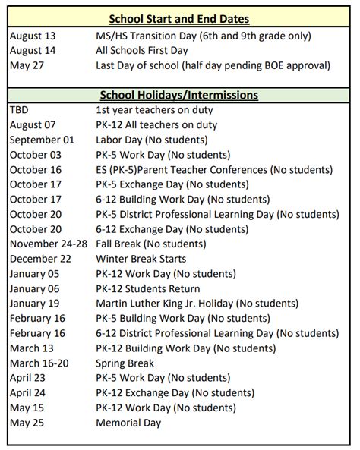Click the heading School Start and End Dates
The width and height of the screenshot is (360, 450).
[179, 19]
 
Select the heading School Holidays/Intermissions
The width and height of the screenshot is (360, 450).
[179, 95]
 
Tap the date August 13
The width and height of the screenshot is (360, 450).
[35, 36]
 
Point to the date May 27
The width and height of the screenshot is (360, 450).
[28, 65]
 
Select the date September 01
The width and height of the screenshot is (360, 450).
[43, 139]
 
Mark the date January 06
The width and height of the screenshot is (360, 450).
[38, 288]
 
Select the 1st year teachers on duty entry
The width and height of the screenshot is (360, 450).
[153, 109]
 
